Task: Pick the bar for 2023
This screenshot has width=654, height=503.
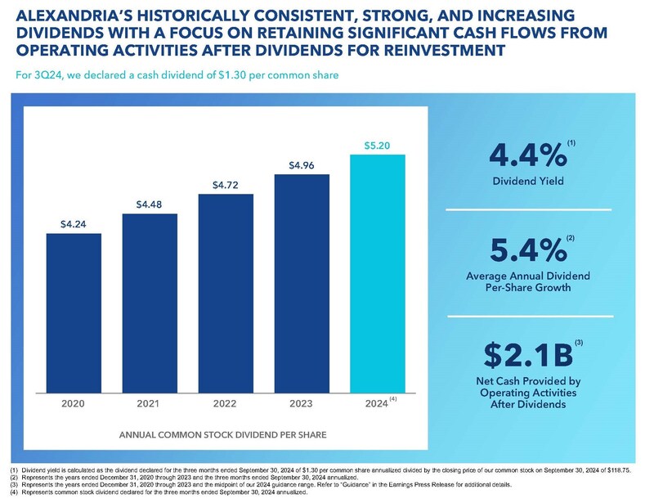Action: [302, 281]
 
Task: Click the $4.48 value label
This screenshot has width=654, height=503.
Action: [150, 204]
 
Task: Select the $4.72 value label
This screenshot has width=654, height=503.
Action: [226, 184]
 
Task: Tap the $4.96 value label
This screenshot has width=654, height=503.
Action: [302, 165]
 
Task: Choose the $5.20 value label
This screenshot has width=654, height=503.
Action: [377, 146]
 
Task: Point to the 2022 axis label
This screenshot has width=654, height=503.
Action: [226, 403]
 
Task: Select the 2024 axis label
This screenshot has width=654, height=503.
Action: [375, 403]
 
